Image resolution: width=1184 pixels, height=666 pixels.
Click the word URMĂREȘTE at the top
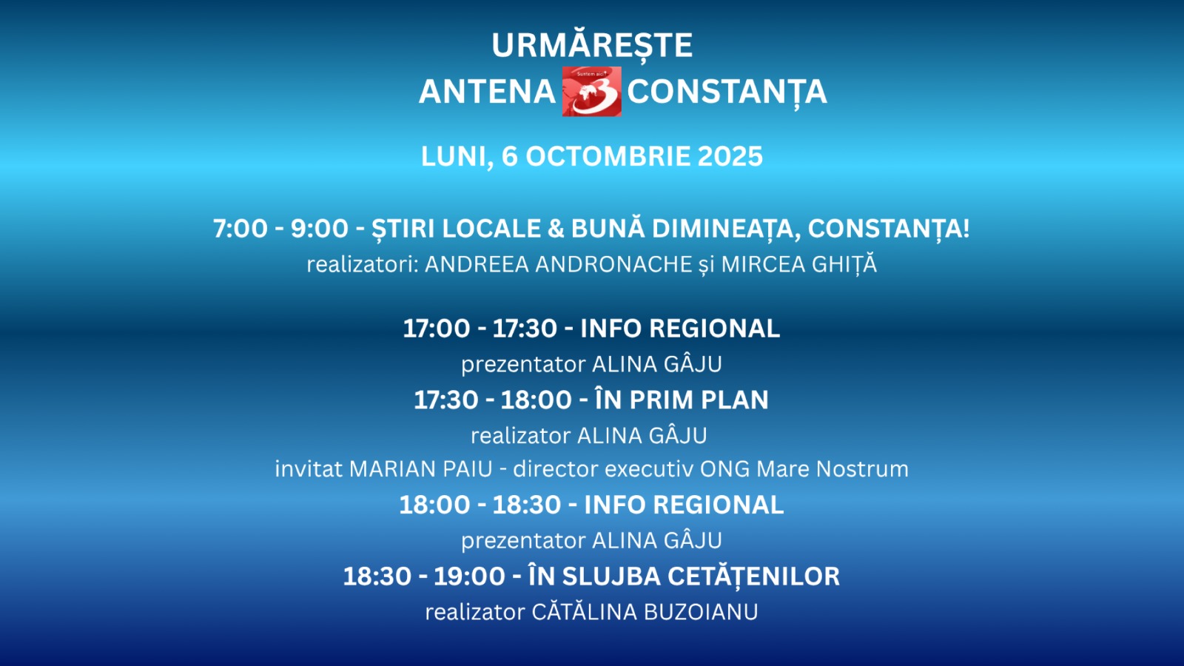(x=592, y=45)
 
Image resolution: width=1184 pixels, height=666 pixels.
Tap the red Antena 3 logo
(x=591, y=92)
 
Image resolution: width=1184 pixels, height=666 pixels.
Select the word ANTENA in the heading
(x=487, y=92)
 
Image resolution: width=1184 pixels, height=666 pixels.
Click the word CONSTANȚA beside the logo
(x=727, y=92)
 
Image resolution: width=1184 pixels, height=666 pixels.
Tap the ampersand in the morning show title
(x=555, y=229)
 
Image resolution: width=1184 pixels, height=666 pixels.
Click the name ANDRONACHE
(x=613, y=264)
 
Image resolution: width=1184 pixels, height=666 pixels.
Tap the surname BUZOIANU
(x=700, y=612)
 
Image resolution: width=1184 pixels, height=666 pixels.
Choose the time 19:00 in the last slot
(x=469, y=576)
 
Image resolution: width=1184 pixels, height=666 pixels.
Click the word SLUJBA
(x=611, y=576)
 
